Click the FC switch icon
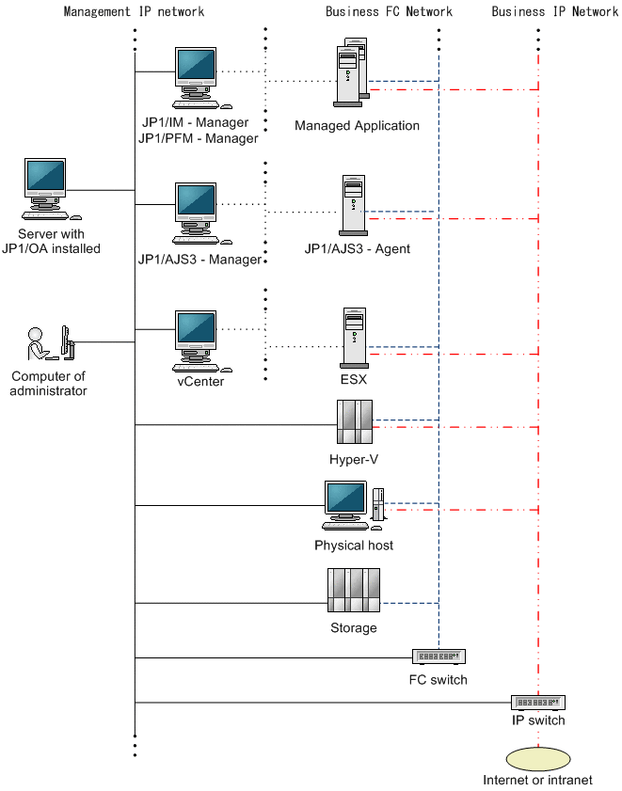439,657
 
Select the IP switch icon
538,703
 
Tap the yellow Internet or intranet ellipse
538,758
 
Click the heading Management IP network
134,12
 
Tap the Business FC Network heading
389,12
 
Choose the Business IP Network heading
554,12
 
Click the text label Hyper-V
354,460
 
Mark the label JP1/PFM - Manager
199,138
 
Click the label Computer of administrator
48,383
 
